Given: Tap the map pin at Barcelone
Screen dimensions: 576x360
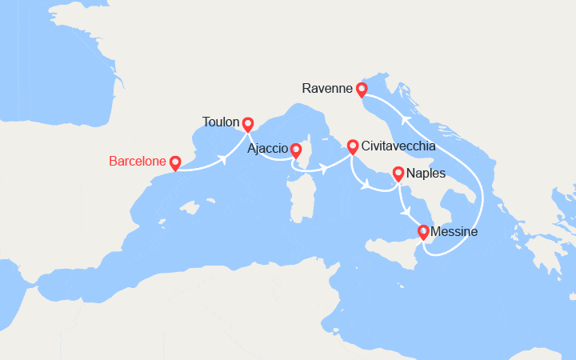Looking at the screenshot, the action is click(x=175, y=161).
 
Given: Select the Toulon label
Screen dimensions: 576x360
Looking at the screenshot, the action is click(x=222, y=122).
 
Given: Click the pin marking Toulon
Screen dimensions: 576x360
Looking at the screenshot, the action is click(x=248, y=123).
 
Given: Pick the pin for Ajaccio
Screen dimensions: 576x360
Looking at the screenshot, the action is click(x=296, y=150).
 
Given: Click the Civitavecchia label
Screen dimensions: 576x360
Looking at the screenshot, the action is click(x=398, y=146).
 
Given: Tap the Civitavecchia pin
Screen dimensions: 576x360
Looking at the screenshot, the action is click(x=352, y=146).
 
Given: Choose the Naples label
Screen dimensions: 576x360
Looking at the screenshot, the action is click(x=426, y=173).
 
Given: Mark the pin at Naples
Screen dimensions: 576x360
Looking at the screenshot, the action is click(x=398, y=172).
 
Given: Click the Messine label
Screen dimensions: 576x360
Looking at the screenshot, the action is click(x=454, y=232).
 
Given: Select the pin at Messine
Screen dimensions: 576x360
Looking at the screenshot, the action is click(x=423, y=232).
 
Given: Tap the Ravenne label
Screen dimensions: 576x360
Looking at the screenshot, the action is click(x=328, y=89).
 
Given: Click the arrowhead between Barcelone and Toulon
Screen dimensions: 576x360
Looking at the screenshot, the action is click(x=223, y=159).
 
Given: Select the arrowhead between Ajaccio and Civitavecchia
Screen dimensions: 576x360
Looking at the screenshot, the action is click(x=325, y=169).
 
